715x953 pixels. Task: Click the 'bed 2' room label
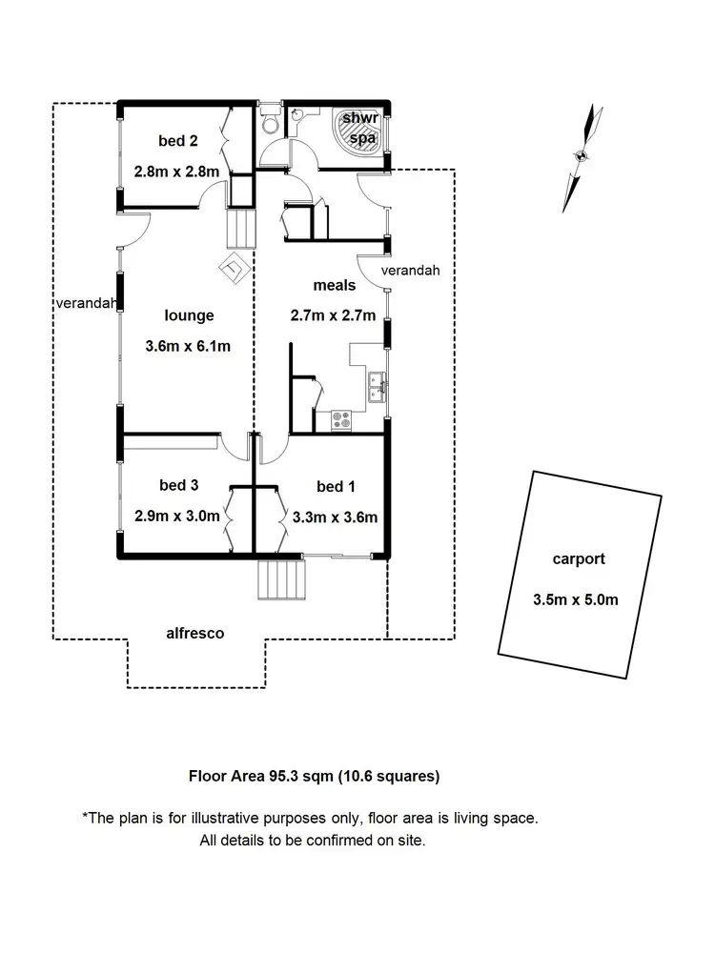178,142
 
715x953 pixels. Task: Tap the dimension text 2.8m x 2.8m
178,172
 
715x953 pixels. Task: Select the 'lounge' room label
189,316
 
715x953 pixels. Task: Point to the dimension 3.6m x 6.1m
189,346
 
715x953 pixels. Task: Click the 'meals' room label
335,285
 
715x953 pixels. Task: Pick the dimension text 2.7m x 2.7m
333,314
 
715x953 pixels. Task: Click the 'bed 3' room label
178,486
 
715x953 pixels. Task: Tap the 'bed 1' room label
336,487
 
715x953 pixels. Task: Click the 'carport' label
578,559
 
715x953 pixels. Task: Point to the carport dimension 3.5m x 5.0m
577,599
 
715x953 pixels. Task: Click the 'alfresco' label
195,633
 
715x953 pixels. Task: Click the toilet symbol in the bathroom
270,123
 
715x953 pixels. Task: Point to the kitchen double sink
373,386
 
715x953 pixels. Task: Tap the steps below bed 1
283,578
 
